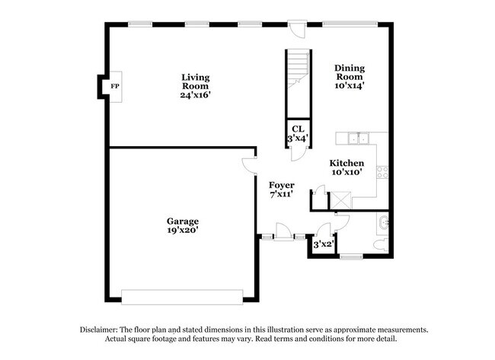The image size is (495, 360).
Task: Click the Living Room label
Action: pos(195,86)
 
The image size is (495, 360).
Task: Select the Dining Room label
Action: pos(350,77)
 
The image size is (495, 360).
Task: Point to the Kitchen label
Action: pos(346,167)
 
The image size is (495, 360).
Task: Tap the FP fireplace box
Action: pos(115,86)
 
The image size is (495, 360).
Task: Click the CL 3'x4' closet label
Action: pos(296,134)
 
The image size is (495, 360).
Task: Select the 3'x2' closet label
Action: pos(323,244)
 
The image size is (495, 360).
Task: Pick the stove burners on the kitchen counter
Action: pos(386,172)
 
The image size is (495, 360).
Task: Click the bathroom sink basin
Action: pos(383,222)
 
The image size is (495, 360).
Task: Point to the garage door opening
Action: pos(183,294)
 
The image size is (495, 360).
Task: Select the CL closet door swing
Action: pos(296,155)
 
